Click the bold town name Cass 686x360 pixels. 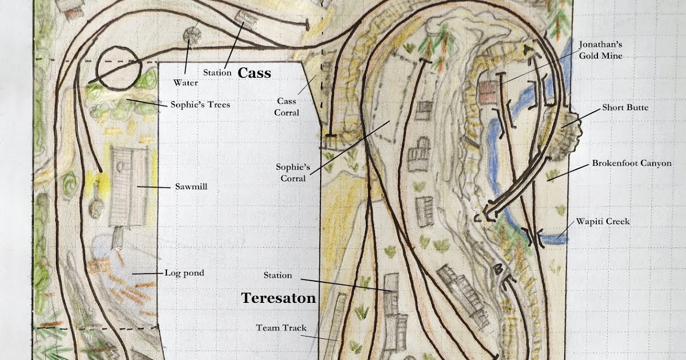pyautogui.click(x=254, y=73)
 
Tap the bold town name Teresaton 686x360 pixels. pyautogui.click(x=278, y=298)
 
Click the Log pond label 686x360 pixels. pyautogui.click(x=184, y=273)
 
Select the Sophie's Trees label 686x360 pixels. pyautogui.click(x=200, y=105)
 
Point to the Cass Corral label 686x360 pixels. pyautogui.click(x=286, y=107)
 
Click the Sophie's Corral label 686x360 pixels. pyautogui.click(x=293, y=173)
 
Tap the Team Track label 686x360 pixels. pyautogui.click(x=281, y=328)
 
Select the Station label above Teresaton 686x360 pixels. pyautogui.click(x=278, y=275)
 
